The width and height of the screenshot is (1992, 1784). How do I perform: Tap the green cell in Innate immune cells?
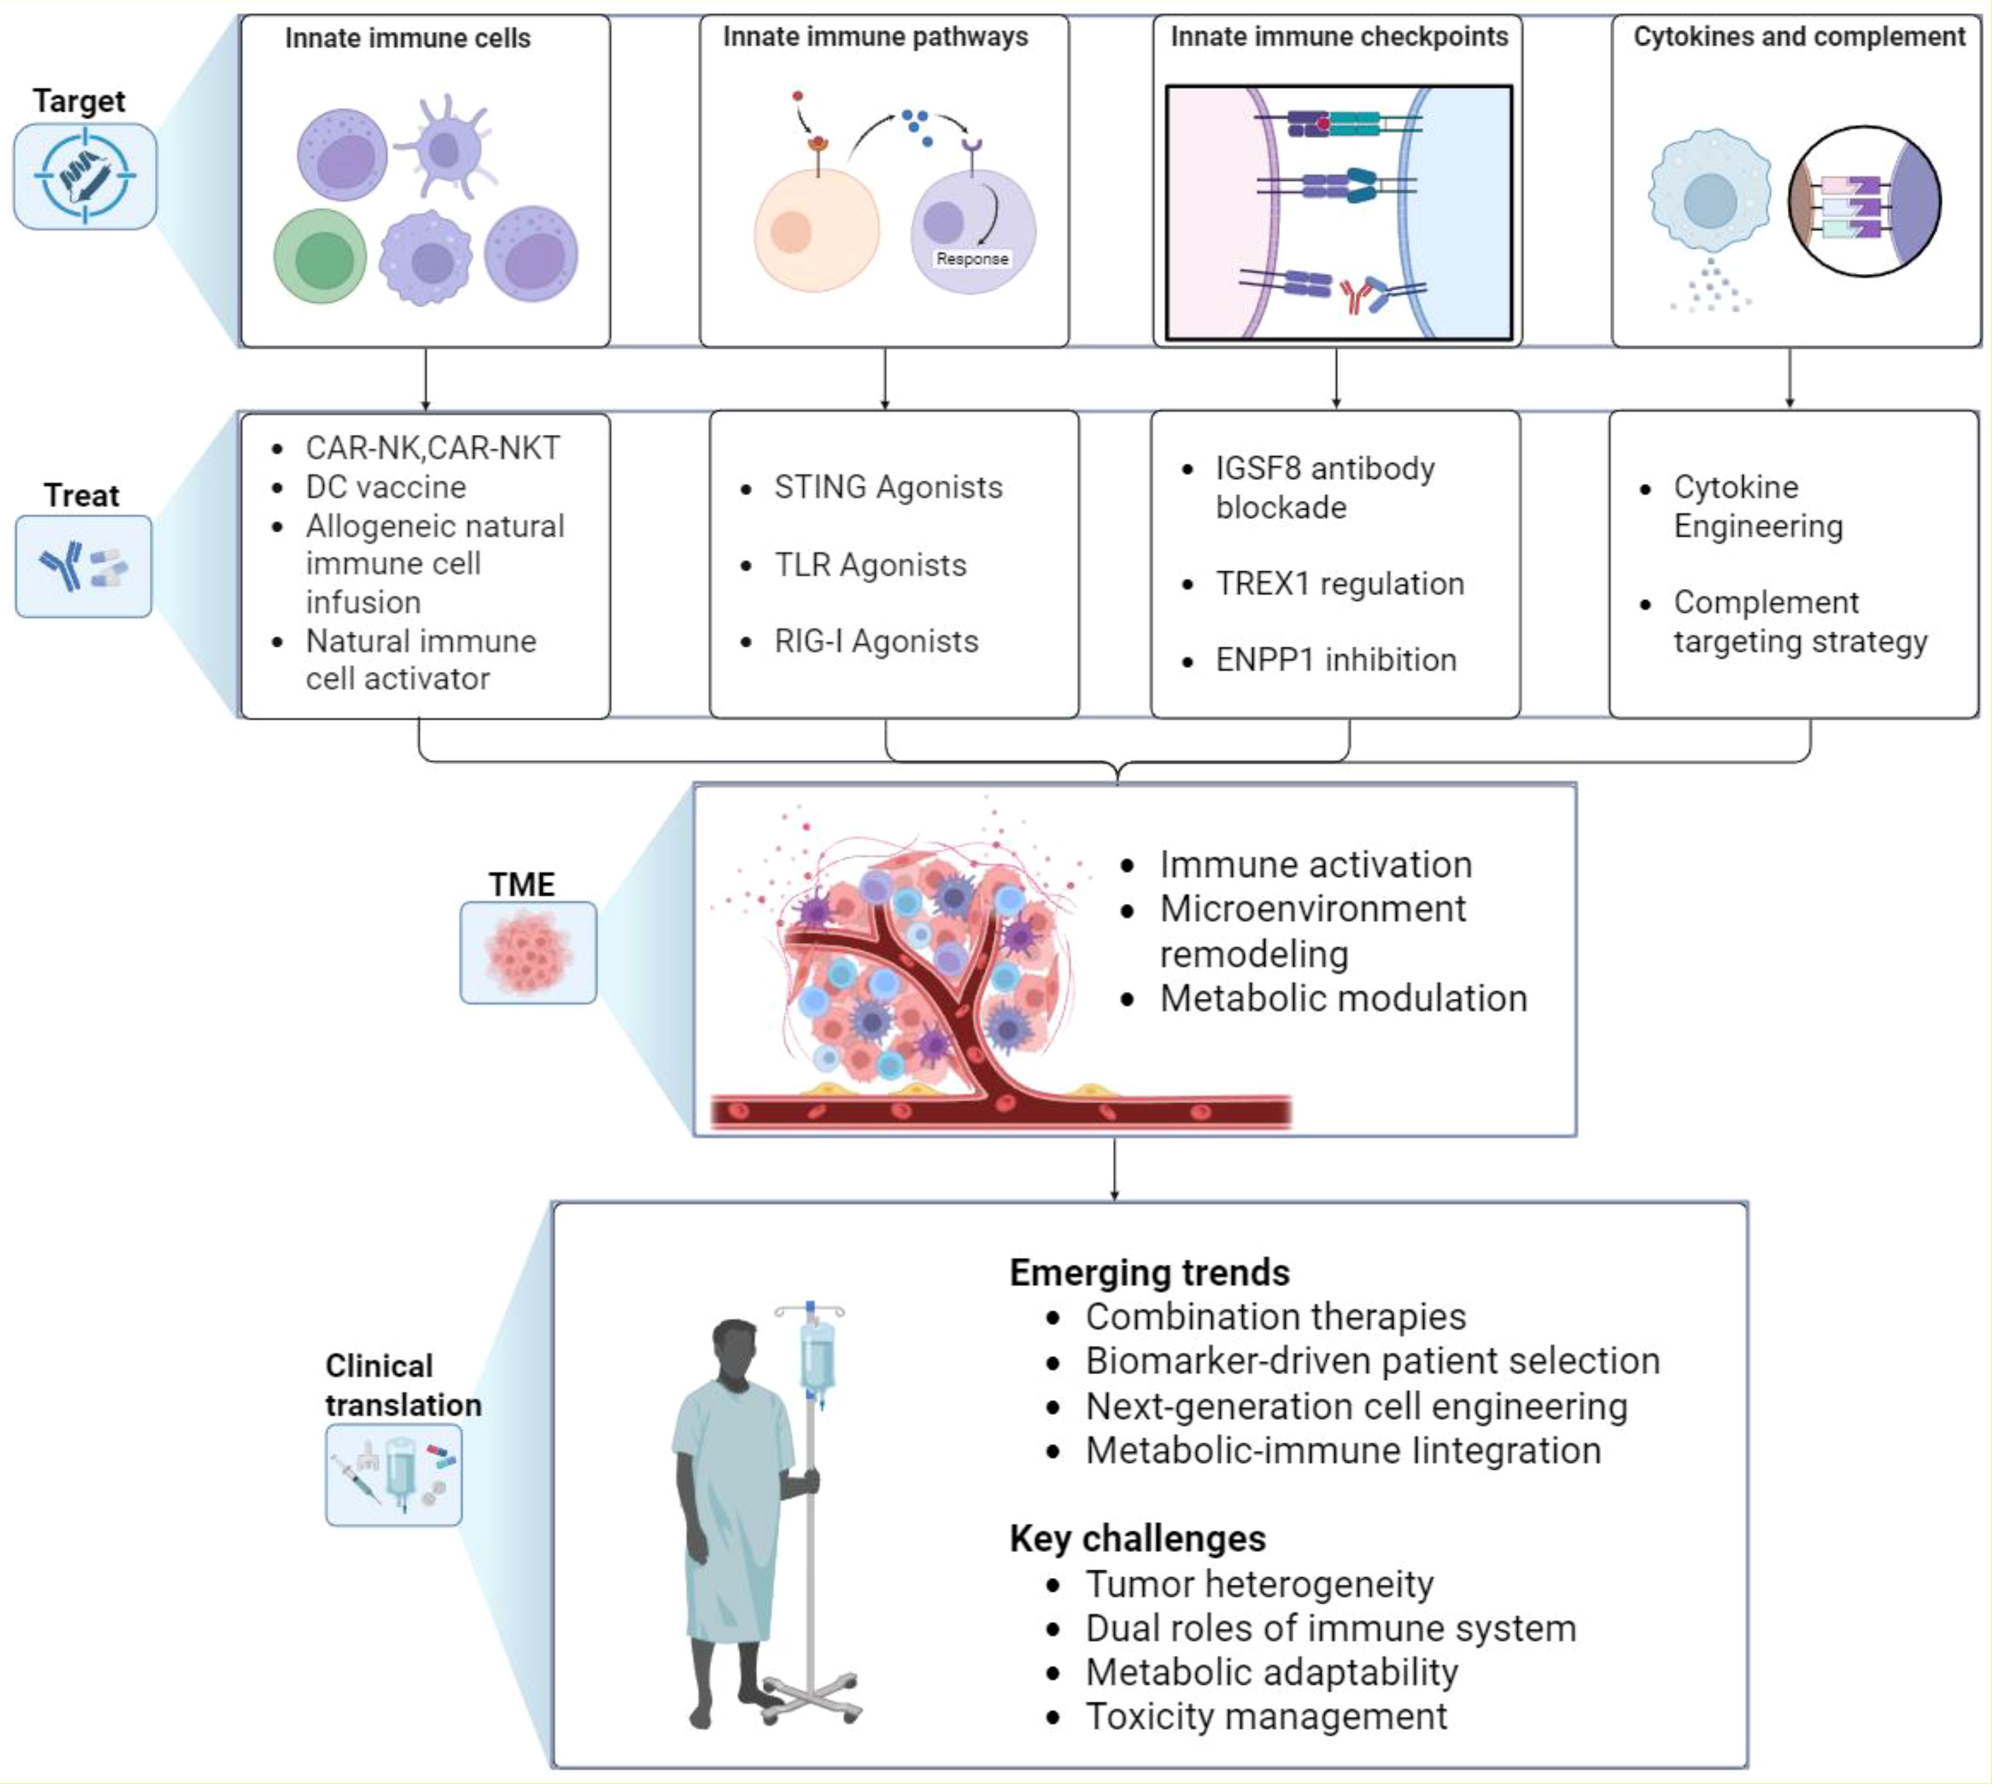click(320, 257)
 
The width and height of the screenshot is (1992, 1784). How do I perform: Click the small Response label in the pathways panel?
click(971, 259)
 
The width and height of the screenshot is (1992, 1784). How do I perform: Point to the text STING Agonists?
click(888, 487)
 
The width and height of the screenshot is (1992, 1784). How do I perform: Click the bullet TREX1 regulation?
click(1339, 584)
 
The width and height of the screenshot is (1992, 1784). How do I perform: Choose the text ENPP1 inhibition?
click(1335, 660)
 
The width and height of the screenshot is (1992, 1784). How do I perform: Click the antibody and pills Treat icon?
click(84, 567)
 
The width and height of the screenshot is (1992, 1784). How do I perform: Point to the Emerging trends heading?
click(1149, 1273)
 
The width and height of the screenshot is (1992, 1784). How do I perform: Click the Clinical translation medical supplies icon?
click(393, 1475)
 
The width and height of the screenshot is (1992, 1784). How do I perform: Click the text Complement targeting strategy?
click(1799, 621)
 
